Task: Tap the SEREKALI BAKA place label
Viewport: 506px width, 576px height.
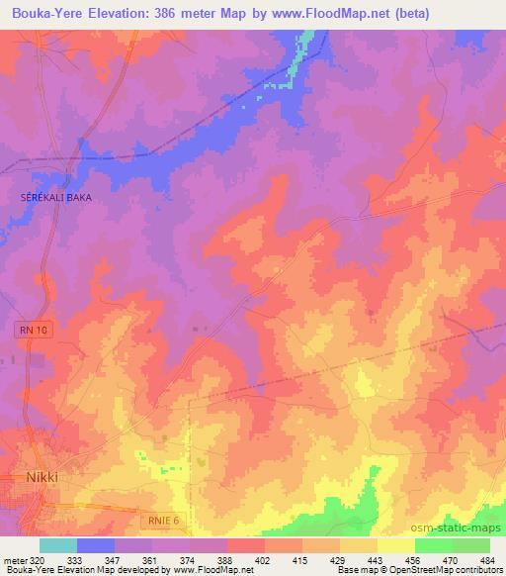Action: tap(56, 198)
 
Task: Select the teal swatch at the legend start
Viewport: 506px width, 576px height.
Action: tap(58, 545)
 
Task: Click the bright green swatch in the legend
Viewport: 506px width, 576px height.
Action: tap(433, 545)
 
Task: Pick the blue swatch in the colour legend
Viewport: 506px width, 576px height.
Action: tap(96, 545)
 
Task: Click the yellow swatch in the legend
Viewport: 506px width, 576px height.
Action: tap(395, 545)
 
